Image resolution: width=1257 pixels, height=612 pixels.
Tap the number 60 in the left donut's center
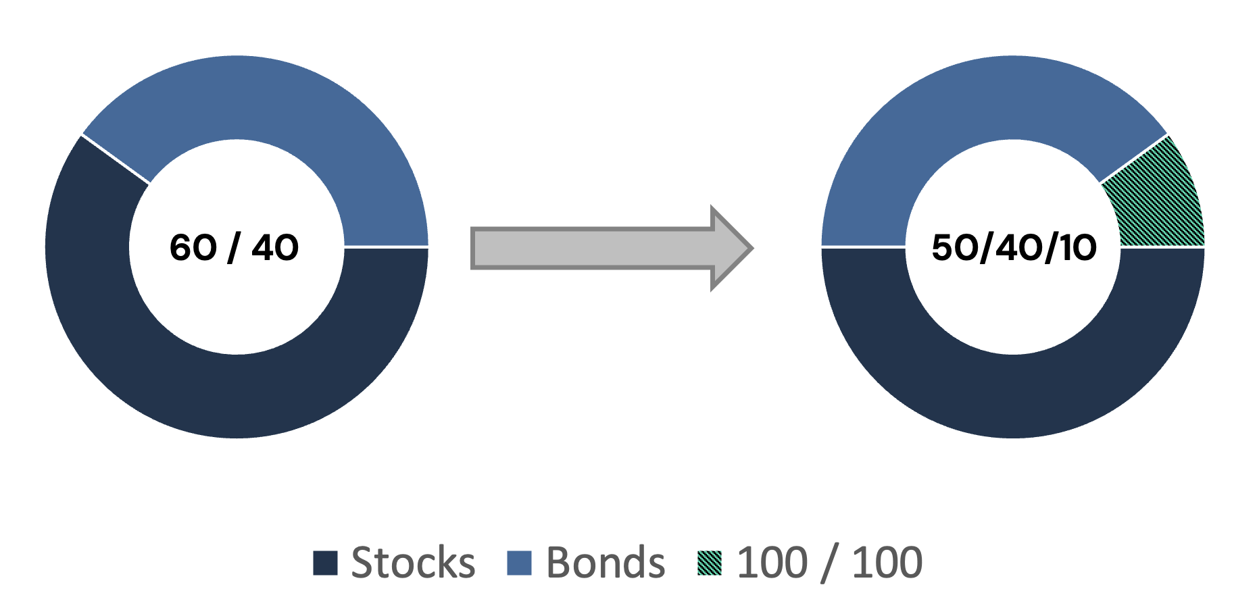(x=193, y=247)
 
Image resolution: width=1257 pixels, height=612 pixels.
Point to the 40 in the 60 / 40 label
(x=275, y=247)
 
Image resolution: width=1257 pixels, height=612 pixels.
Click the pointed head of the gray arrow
(x=731, y=248)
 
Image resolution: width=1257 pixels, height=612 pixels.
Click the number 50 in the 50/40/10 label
(x=955, y=247)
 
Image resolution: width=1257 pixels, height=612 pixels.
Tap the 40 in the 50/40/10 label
(x=1019, y=247)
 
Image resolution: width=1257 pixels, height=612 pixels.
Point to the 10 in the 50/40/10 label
(x=1077, y=247)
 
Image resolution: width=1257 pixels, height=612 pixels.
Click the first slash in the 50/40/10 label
(x=987, y=247)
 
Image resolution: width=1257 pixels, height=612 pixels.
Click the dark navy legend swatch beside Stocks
(x=325, y=563)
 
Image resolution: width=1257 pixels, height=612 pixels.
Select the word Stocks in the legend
(x=413, y=562)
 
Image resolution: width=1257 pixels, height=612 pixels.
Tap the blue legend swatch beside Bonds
(x=519, y=563)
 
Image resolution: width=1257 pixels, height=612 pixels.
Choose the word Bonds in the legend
(x=606, y=562)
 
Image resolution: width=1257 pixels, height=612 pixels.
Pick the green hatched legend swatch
(x=710, y=563)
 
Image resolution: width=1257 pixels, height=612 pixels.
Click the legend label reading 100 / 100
(x=830, y=563)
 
